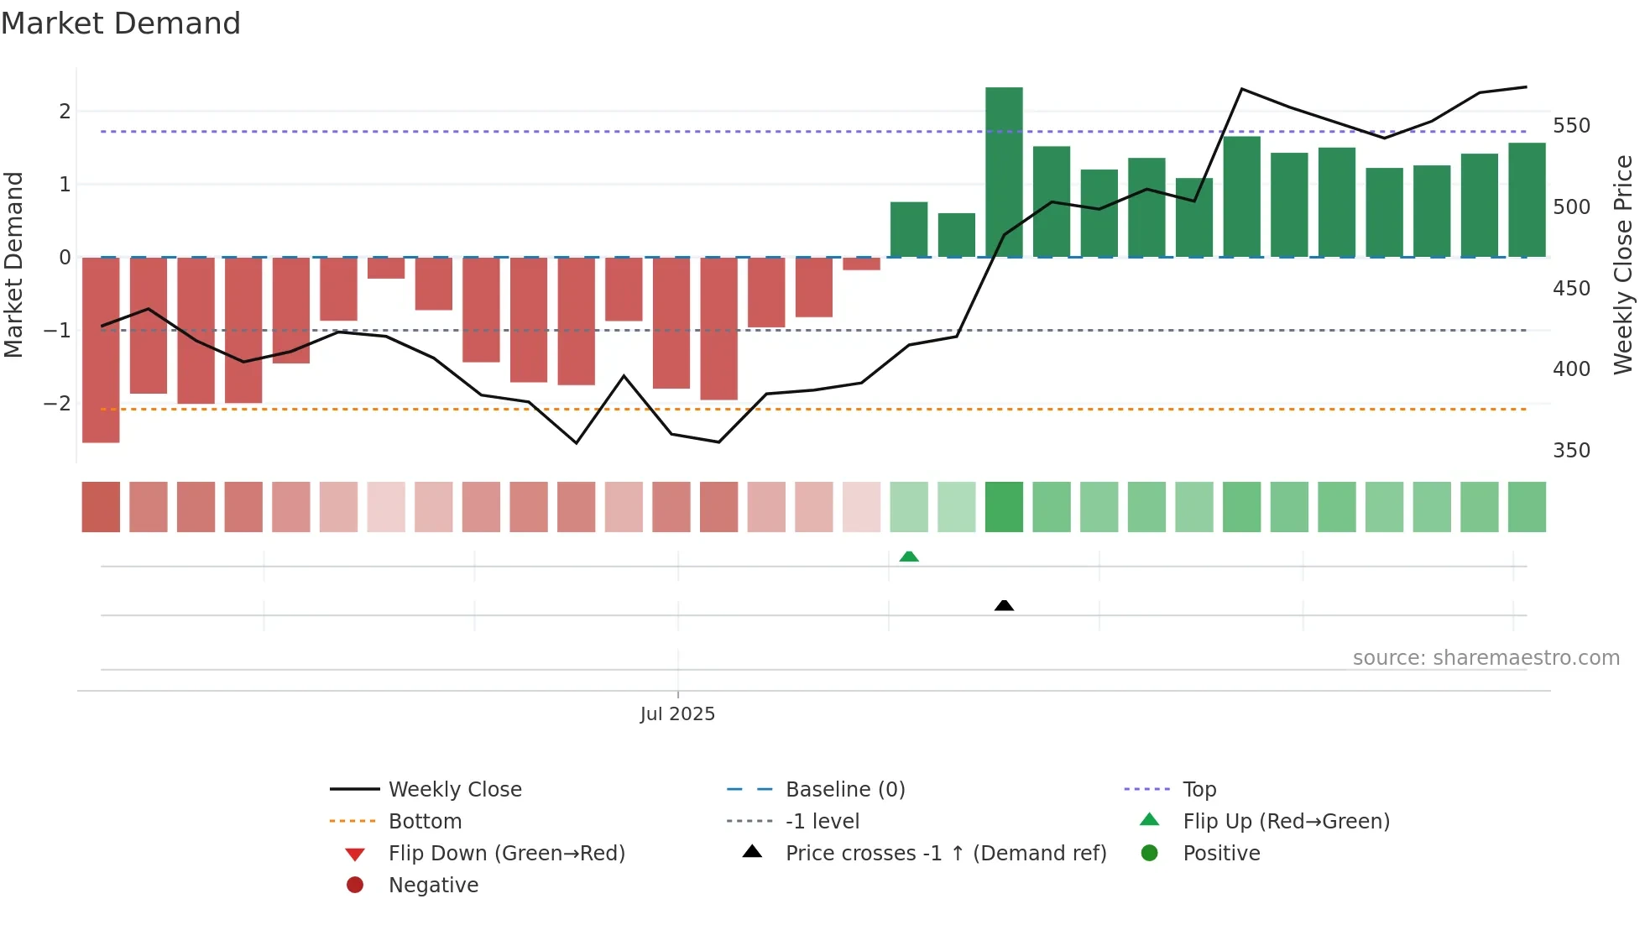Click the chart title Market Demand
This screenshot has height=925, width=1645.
point(121,24)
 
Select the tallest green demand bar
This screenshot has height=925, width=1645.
point(1004,172)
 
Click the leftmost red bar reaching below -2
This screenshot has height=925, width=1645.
point(101,349)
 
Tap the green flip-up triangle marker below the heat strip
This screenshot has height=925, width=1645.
point(909,557)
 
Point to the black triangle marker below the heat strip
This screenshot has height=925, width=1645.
point(1004,605)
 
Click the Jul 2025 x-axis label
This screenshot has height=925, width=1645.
point(677,713)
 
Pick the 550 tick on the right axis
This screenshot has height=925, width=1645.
point(1571,126)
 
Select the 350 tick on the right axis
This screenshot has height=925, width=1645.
point(1571,451)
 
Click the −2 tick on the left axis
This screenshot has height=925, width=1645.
point(57,403)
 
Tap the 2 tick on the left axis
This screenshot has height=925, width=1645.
point(65,111)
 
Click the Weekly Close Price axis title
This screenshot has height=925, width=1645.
point(1623,264)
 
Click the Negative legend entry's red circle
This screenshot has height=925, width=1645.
point(355,885)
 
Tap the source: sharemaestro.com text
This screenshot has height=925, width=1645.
point(1486,658)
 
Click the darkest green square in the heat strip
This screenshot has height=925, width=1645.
point(1004,507)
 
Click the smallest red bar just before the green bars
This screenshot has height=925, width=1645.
point(861,264)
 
